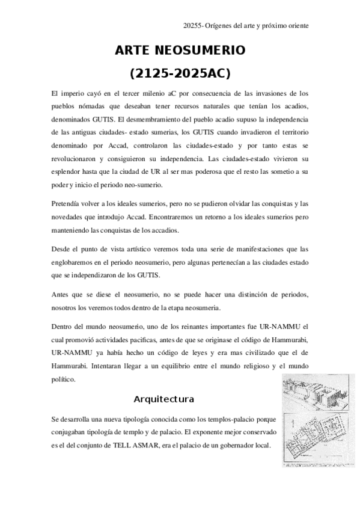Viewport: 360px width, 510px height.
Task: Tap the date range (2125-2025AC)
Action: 180,74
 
